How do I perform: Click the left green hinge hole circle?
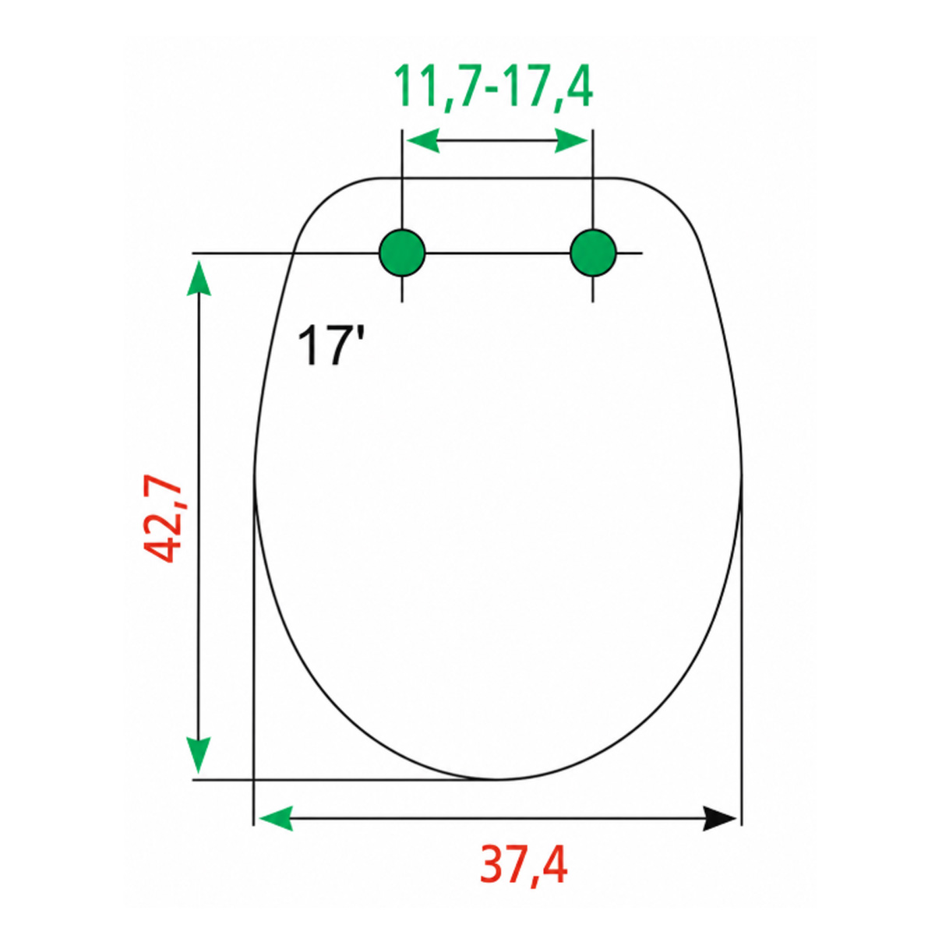402,252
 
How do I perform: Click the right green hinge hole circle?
593,252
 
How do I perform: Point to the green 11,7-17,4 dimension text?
493,88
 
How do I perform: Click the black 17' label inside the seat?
331,345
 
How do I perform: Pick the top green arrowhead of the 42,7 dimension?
199,278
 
